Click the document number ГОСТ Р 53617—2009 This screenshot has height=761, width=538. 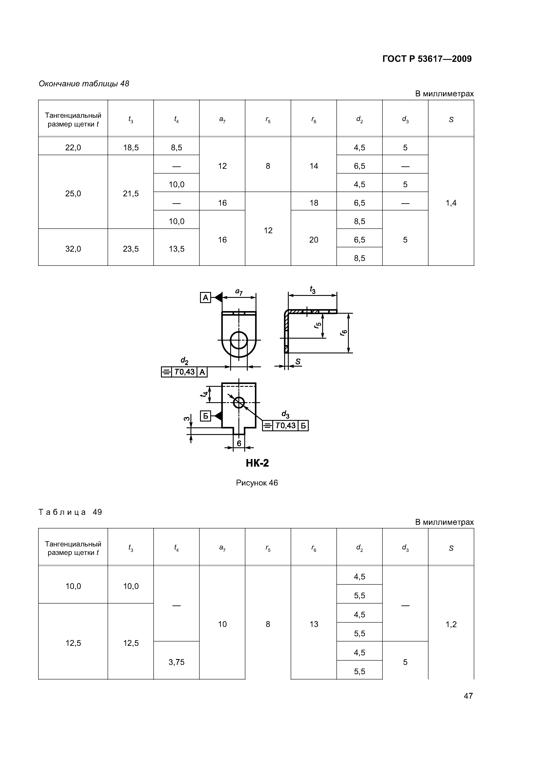click(427, 59)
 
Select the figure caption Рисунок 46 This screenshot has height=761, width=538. click(257, 483)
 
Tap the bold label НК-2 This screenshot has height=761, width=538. click(257, 463)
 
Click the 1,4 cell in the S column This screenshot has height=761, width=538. click(451, 203)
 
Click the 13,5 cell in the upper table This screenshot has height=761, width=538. click(176, 249)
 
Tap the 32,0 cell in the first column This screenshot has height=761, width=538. click(73, 249)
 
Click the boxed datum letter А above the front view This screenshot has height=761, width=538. click(205, 298)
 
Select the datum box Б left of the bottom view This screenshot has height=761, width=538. click(205, 416)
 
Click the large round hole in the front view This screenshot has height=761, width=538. click(239, 340)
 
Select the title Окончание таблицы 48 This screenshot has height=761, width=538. click(84, 84)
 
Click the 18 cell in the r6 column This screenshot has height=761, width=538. click(314, 203)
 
